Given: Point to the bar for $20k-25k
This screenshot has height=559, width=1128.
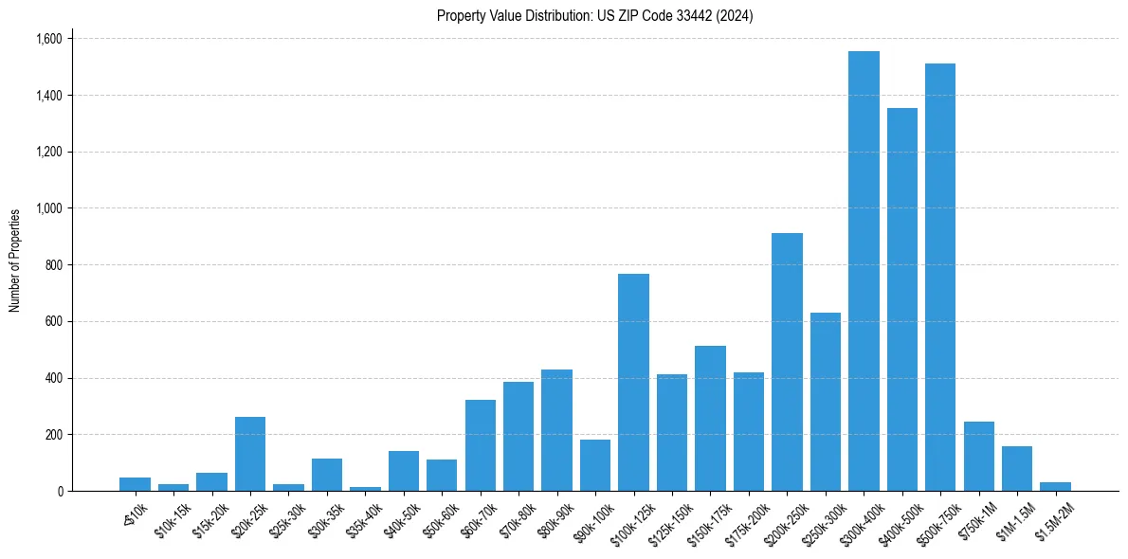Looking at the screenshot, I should [x=250, y=454].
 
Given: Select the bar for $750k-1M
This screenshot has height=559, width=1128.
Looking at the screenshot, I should [x=978, y=457].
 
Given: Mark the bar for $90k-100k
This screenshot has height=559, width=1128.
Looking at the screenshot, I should [x=595, y=465].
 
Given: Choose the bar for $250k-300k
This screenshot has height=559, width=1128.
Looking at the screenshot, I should [x=825, y=402].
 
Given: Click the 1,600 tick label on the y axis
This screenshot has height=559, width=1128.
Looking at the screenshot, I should [x=48, y=39].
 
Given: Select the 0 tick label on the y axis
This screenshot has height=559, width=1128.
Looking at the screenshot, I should [x=61, y=491].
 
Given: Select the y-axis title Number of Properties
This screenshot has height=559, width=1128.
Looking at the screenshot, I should [x=15, y=261].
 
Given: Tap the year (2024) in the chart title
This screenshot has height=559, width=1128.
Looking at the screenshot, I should [x=735, y=15].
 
